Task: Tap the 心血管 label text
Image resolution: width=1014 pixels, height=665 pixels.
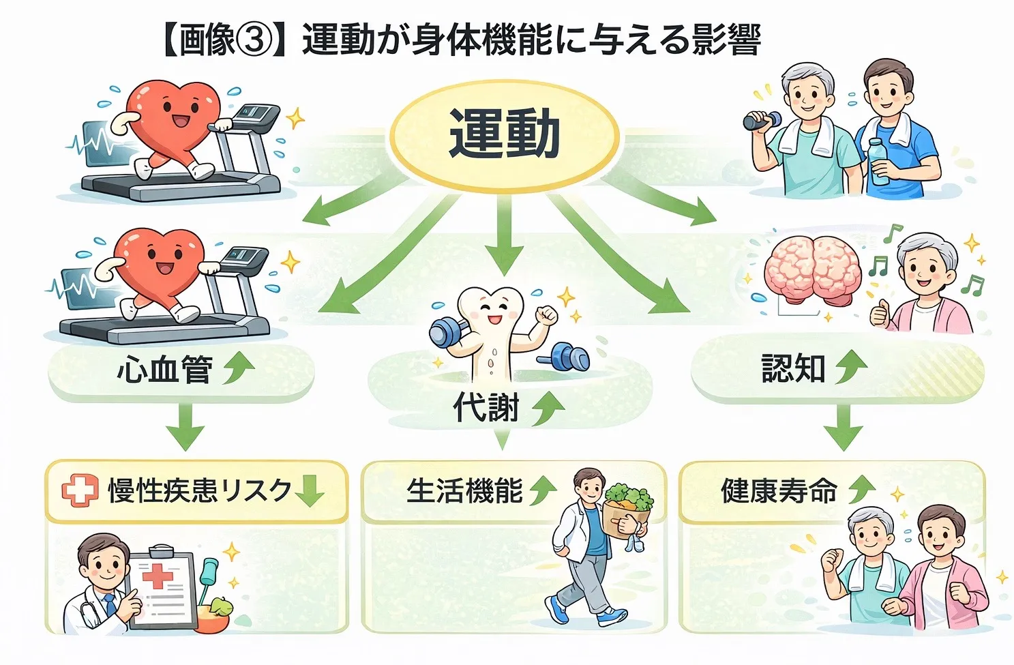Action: point(164,370)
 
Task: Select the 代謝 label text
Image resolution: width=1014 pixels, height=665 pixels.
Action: point(486,408)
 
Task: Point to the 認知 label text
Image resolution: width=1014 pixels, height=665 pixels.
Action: point(793,368)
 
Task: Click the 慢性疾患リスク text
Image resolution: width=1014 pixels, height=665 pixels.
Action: point(200,490)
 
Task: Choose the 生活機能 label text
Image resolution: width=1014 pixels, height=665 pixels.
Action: point(464,490)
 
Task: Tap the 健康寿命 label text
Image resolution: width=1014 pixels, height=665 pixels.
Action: point(779,490)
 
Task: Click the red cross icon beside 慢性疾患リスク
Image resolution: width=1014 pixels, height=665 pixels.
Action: point(80,490)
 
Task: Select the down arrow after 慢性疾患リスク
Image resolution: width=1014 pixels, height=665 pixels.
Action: point(310,490)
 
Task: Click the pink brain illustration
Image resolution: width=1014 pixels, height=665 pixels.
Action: point(811,269)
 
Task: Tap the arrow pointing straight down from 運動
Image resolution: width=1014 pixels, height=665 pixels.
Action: point(505,235)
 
